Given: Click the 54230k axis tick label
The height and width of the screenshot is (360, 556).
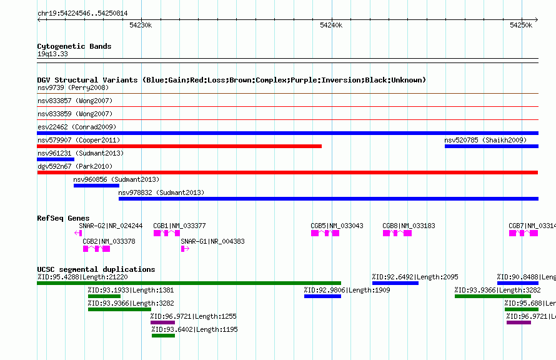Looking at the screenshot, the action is pyautogui.click(x=141, y=25).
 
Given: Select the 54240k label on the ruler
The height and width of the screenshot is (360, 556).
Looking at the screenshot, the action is pyautogui.click(x=331, y=25).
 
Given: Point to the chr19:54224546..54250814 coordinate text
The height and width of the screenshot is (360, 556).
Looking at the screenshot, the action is pyautogui.click(x=82, y=14).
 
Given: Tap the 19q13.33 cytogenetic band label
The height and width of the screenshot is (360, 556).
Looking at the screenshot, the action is pyautogui.click(x=52, y=54).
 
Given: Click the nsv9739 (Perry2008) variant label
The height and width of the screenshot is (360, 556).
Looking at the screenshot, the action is pyautogui.click(x=73, y=87).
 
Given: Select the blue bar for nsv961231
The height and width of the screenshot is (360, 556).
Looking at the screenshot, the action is pyautogui.click(x=56, y=159).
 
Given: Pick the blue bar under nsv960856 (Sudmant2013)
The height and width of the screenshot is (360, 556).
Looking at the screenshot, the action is pyautogui.click(x=96, y=186).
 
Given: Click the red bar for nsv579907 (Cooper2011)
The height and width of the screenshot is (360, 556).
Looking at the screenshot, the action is pyautogui.click(x=179, y=146).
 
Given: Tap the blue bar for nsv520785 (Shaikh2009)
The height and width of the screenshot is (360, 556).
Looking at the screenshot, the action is pyautogui.click(x=492, y=146).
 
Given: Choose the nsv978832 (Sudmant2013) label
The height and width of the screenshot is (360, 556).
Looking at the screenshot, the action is pyautogui.click(x=161, y=192).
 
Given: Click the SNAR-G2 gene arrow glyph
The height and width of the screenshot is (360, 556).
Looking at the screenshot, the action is pyautogui.click(x=78, y=233).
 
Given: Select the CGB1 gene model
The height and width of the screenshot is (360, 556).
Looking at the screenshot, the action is pyautogui.click(x=167, y=233).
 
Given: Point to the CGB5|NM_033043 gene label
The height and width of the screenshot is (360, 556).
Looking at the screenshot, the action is pyautogui.click(x=337, y=226).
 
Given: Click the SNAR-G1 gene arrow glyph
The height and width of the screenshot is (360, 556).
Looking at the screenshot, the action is pyautogui.click(x=185, y=249).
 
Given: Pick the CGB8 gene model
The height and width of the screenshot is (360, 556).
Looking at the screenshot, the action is pyautogui.click(x=397, y=233).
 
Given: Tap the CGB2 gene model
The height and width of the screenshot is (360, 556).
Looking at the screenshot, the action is pyautogui.click(x=96, y=249).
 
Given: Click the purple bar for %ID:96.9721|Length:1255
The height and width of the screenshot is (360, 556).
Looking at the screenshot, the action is pyautogui.click(x=163, y=322).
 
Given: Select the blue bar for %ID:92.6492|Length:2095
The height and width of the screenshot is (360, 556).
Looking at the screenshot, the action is pyautogui.click(x=395, y=283).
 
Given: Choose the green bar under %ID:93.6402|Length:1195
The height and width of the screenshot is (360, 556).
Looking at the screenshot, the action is pyautogui.click(x=164, y=336).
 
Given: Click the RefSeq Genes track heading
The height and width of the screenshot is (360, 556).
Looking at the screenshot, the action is pyautogui.click(x=63, y=218).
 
